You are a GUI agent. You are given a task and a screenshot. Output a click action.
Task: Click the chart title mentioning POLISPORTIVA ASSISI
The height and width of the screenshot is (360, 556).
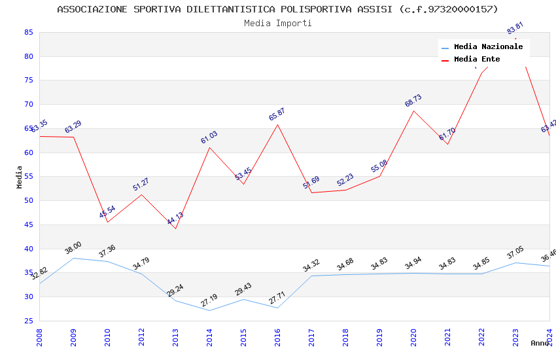[x=277, y=9]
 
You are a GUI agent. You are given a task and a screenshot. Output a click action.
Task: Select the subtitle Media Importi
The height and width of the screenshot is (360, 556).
[x=277, y=23]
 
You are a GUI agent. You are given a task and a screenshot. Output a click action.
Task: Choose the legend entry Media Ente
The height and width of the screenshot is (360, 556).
[x=477, y=59]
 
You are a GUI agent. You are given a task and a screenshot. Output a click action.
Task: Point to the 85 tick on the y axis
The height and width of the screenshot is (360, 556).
[x=28, y=32]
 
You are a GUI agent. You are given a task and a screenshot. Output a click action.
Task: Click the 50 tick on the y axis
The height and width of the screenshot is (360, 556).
[x=28, y=201]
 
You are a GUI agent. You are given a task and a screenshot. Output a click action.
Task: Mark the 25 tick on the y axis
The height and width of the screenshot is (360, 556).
[x=28, y=321]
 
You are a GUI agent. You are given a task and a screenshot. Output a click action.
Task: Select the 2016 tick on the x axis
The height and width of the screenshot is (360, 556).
[x=277, y=338]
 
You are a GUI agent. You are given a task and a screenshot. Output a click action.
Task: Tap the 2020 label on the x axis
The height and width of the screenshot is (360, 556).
[x=413, y=338]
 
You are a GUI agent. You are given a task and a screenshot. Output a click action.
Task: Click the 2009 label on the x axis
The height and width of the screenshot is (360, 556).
[x=73, y=338]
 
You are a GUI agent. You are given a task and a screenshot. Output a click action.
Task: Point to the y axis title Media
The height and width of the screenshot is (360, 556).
[x=20, y=177]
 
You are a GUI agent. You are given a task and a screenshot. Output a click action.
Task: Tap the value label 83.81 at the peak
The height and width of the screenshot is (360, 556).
[x=515, y=28]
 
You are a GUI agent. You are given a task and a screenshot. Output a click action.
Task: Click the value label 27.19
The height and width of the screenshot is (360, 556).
[x=209, y=300]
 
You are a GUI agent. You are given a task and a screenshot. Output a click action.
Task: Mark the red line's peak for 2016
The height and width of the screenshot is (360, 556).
[x=277, y=124]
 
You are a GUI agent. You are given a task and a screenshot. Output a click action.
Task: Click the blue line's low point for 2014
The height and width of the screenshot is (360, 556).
[x=209, y=310]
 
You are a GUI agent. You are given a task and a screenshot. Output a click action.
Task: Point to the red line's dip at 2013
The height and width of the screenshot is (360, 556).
[x=175, y=228]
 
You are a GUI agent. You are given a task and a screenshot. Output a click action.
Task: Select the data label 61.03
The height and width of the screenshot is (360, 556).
[x=209, y=137]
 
